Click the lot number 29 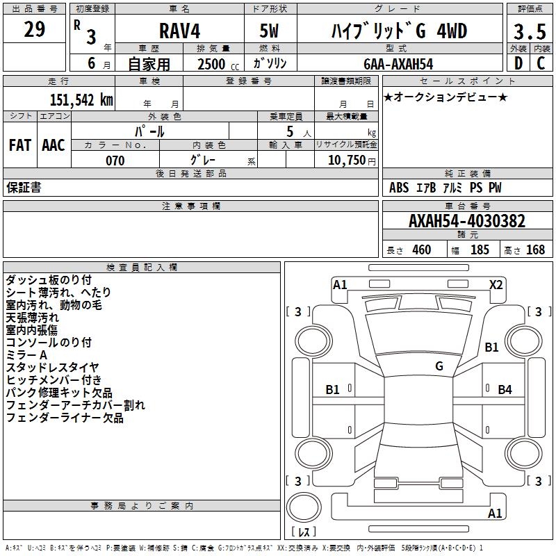tap(35, 30)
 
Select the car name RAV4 tap(179, 31)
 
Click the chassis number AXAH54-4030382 tap(467, 222)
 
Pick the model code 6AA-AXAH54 tap(398, 64)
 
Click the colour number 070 tap(115, 161)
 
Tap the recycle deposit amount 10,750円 tap(346, 161)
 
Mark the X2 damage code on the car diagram tap(496, 284)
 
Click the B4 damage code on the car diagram tap(505, 389)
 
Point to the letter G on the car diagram tap(439, 366)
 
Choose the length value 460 tap(422, 250)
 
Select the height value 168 tap(535, 250)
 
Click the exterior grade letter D tap(518, 63)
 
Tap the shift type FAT tap(19, 145)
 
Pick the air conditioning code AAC tap(54, 145)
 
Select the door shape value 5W tap(269, 31)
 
